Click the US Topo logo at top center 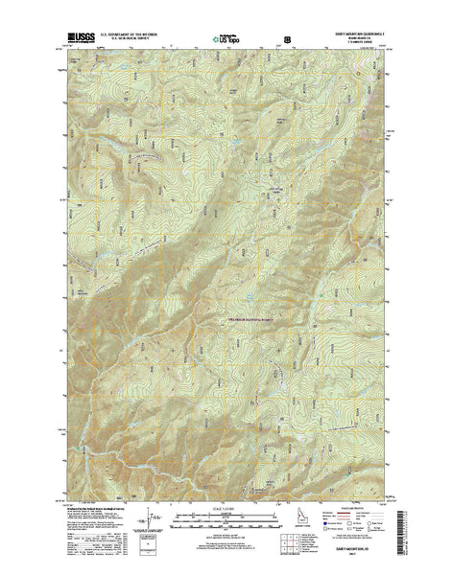pyautogui.click(x=228, y=41)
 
